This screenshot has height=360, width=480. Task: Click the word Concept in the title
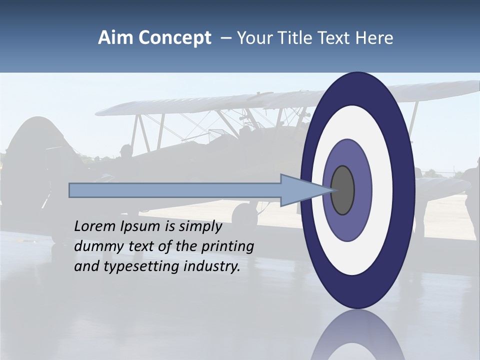[x=174, y=38]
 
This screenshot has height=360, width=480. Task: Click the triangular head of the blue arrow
[x=300, y=190]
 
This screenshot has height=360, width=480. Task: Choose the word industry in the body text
[x=212, y=267]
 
